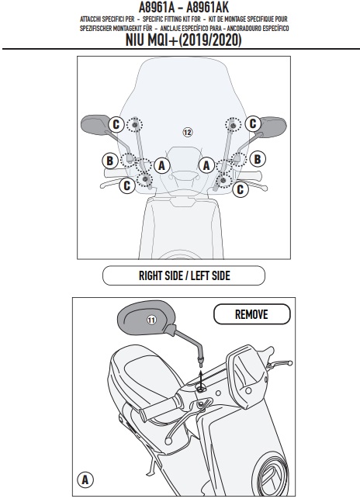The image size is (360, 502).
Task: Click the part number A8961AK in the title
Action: pyautogui.click(x=208, y=7)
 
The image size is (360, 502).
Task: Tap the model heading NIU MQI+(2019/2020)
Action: pyautogui.click(x=183, y=40)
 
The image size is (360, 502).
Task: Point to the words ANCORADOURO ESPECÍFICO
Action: pyautogui.click(x=258, y=29)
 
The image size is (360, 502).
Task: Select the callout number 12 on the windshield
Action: pyautogui.click(x=188, y=132)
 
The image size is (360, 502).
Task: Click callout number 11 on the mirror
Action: pyautogui.click(x=151, y=320)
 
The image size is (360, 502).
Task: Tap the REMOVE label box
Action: pyautogui.click(x=252, y=314)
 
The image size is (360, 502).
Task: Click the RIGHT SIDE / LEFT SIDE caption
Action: pyautogui.click(x=184, y=275)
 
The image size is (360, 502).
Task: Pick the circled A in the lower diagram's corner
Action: pyautogui.click(x=85, y=479)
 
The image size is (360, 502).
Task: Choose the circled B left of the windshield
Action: pyautogui.click(x=109, y=160)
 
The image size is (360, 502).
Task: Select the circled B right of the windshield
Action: pyautogui.click(x=258, y=159)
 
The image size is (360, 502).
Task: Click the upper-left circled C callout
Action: pyautogui.click(x=116, y=124)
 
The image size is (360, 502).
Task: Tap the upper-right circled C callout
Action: pyautogui.click(x=253, y=123)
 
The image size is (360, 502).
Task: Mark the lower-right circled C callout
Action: pyautogui.click(x=241, y=189)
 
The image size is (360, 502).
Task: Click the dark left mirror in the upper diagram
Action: pyautogui.click(x=95, y=125)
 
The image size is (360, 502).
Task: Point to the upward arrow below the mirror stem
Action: pyautogui.click(x=201, y=381)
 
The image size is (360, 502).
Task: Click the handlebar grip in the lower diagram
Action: pyautogui.click(x=159, y=407)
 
